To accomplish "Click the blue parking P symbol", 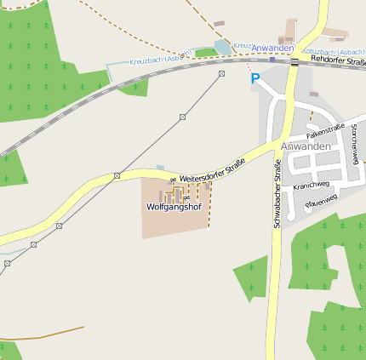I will pyautogui.click(x=254, y=78).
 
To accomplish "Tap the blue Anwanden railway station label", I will pyautogui.click(x=273, y=48).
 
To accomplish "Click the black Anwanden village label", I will pyautogui.click(x=304, y=146).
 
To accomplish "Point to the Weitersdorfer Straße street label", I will pyautogui.click(x=212, y=169).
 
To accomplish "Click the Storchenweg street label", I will pyautogui.click(x=354, y=143).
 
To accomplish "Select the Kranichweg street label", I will pyautogui.click(x=311, y=186).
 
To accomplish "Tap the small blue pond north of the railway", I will pyautogui.click(x=223, y=47).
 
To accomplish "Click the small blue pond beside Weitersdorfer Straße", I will pyautogui.click(x=160, y=168).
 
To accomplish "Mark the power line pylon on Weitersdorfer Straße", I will pyautogui.click(x=117, y=176).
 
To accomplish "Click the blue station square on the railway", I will pyautogui.click(x=272, y=60).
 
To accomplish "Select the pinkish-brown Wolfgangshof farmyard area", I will pyautogui.click(x=174, y=207).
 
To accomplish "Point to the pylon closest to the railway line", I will pyautogui.click(x=221, y=74).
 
